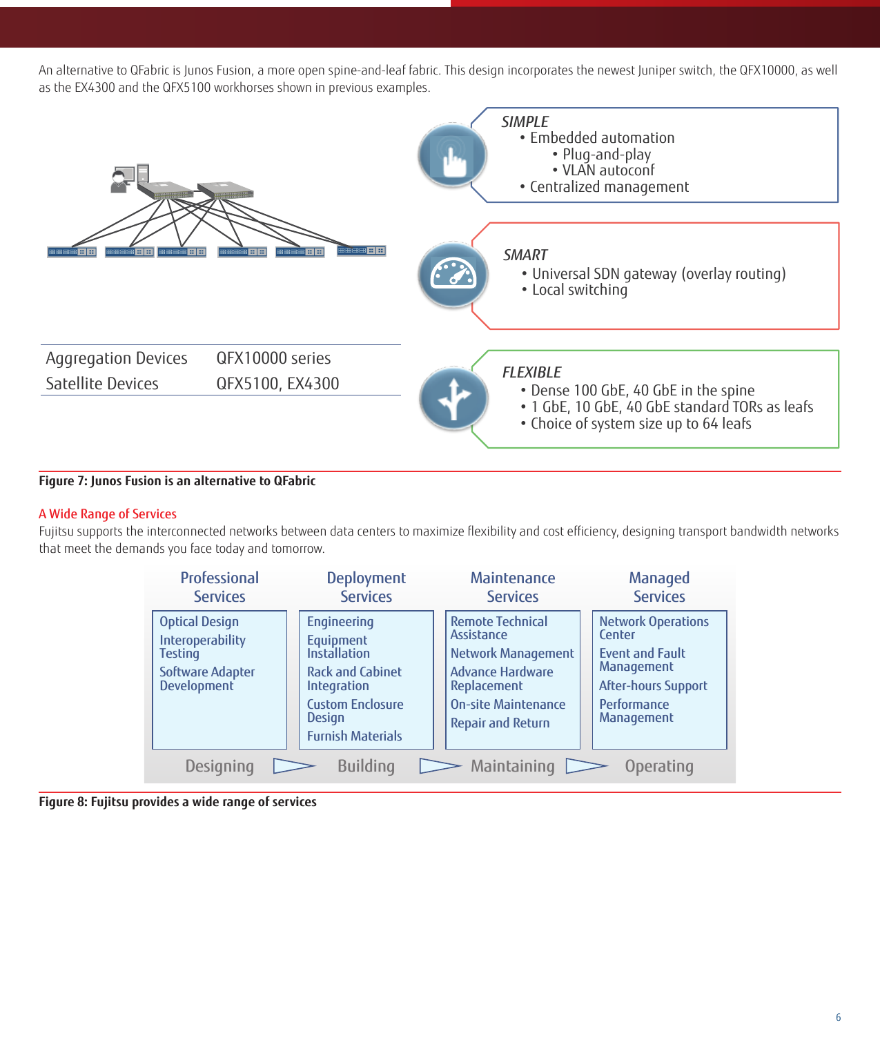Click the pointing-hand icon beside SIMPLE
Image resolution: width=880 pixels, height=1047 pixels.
coord(452,155)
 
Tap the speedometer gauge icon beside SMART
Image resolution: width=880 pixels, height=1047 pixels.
coord(453,274)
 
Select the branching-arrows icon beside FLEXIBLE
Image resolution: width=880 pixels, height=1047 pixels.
coord(453,398)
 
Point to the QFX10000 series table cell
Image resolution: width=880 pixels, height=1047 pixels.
coord(273,358)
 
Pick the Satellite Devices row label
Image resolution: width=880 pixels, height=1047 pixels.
coord(102,384)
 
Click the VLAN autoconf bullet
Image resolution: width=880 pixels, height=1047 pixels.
coord(608,170)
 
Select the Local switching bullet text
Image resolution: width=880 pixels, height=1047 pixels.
coord(579,290)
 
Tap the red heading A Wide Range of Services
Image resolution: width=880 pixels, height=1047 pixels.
coord(108,514)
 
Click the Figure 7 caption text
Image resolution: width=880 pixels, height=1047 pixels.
coord(177,481)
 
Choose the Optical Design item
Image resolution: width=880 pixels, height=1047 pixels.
coord(199,622)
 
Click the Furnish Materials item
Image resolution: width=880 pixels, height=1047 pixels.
coord(354,736)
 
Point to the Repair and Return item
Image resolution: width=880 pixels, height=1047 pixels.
coord(500,723)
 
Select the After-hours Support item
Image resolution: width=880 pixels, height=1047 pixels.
coord(653,686)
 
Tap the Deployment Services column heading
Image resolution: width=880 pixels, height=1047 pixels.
coord(366,587)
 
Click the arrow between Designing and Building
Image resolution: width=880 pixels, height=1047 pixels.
coord(294,766)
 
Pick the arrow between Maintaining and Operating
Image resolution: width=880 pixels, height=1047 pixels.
coord(587,766)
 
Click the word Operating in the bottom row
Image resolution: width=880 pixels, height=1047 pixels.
coord(659,766)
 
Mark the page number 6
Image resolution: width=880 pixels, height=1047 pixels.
coord(838,1017)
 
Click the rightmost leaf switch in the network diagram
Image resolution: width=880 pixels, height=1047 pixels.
coord(361,251)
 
